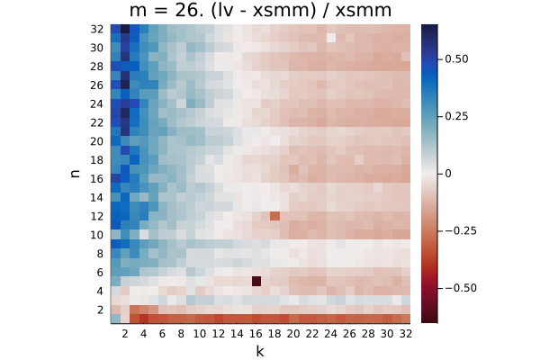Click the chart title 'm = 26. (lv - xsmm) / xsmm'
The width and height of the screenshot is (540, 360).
(260, 11)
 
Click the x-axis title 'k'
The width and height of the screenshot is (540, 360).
(260, 351)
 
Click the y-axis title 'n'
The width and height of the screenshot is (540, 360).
(75, 174)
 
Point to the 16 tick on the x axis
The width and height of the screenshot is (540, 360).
(256, 334)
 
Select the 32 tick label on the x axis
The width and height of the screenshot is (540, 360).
(406, 334)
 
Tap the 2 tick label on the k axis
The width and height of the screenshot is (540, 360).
(125, 334)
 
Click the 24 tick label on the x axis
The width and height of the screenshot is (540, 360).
(330, 334)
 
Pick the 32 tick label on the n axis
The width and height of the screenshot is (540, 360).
(97, 30)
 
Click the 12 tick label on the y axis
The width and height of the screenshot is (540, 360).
(97, 216)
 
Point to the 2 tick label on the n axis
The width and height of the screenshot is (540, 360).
(100, 310)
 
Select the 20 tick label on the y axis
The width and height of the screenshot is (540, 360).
(97, 141)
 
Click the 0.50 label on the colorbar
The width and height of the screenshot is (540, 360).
(456, 59)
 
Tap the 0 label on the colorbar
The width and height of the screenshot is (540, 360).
(448, 174)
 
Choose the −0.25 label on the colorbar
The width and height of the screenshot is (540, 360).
(461, 230)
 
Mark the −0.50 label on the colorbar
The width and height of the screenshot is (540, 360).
(461, 288)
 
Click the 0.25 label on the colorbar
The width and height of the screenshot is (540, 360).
(456, 116)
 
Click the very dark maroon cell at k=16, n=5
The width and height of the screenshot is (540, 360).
(256, 282)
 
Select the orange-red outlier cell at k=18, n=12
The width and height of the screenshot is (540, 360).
(274, 216)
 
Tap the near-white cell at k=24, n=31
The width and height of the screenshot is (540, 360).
(330, 38)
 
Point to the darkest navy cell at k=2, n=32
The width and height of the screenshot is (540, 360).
(125, 29)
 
